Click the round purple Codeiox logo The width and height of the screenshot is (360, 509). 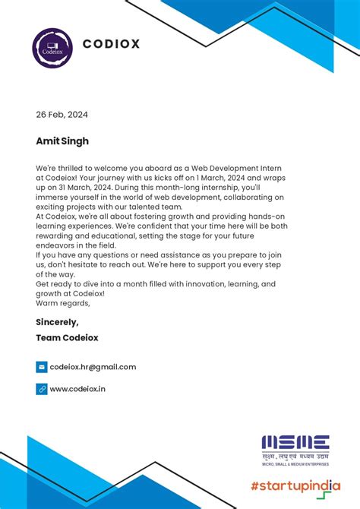51,46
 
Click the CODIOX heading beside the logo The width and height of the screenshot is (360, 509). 111,44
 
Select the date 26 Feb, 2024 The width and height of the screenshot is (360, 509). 62,115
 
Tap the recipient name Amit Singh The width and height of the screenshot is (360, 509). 62,141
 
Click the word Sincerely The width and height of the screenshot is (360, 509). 57,322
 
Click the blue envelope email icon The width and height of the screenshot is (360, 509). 42,367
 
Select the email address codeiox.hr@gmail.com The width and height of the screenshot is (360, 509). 93,367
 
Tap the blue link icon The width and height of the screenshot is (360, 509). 42,389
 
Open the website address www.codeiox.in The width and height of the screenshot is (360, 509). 77,389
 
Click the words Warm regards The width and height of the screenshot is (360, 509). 62,303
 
